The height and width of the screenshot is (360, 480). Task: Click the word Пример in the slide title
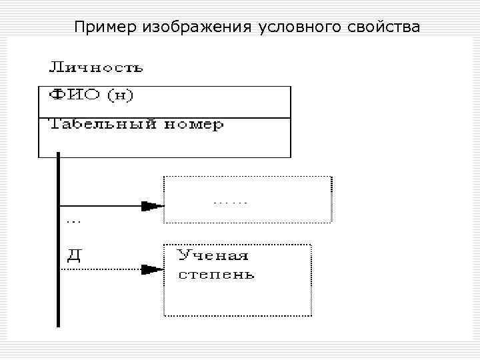pyautogui.click(x=106, y=27)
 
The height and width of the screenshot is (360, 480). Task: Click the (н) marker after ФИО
pyautogui.click(x=122, y=95)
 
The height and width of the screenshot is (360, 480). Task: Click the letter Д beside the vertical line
pyautogui.click(x=74, y=255)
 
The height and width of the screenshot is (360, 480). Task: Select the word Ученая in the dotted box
pyautogui.click(x=213, y=255)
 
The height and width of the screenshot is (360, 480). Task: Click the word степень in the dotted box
pyautogui.click(x=215, y=274)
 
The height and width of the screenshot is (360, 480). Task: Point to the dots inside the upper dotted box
pyautogui.click(x=230, y=201)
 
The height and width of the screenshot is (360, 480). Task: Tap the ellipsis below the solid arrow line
pyautogui.click(x=74, y=219)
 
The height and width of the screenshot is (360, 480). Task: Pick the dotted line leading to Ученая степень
pyautogui.click(x=100, y=269)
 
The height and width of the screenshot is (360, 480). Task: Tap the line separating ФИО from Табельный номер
pyautogui.click(x=165, y=118)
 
